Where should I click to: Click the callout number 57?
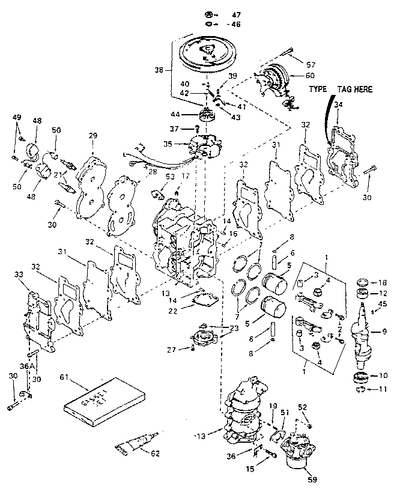coord(310,64)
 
